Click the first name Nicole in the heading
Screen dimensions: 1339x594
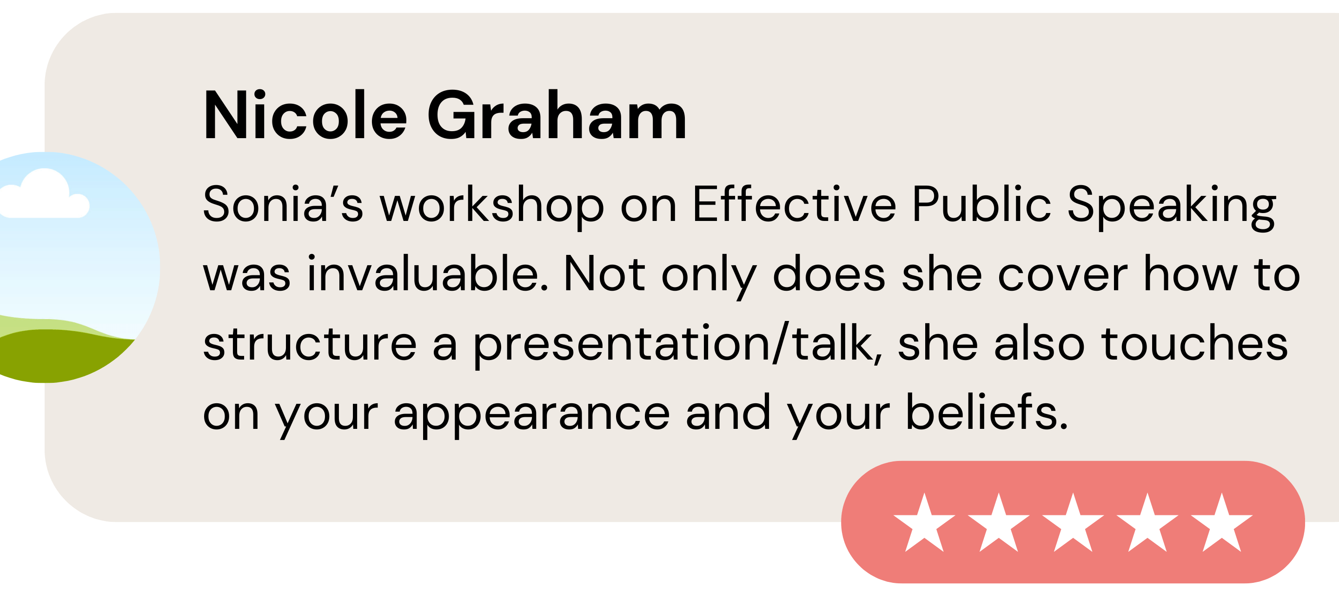305,115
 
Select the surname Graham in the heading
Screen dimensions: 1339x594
557,115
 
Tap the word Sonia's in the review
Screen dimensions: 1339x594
283,203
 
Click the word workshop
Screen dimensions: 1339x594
492,206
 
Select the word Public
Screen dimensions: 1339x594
981,203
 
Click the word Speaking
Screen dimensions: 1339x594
1172,206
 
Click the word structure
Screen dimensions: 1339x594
310,343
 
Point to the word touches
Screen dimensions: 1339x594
1194,343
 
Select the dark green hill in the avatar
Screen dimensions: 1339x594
57,356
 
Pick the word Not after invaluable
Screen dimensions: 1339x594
604,273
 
